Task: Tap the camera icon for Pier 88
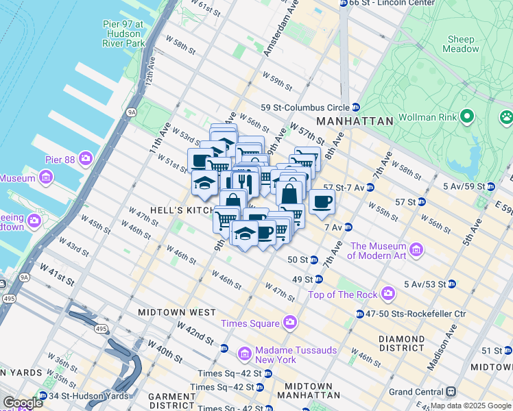click(86, 159)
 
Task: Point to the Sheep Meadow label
click(462, 44)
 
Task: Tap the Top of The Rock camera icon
click(388, 295)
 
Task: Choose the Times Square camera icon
click(290, 323)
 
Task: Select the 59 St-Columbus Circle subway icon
click(356, 108)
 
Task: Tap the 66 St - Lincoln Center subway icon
click(343, 3)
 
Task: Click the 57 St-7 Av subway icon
click(370, 187)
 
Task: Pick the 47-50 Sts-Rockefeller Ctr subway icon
click(359, 314)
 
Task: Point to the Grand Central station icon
click(451, 392)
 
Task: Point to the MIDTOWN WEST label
click(177, 312)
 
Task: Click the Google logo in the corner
click(23, 403)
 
